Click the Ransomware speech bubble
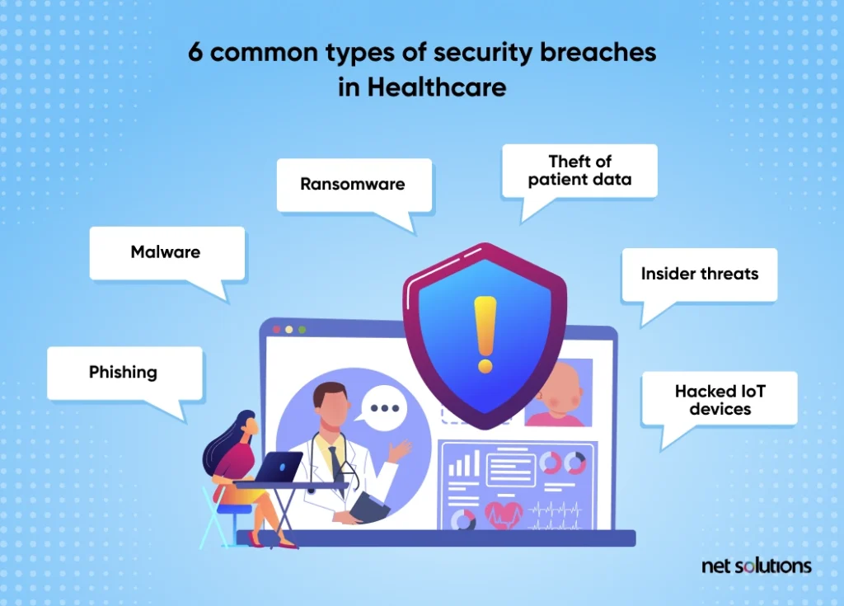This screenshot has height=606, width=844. (x=354, y=185)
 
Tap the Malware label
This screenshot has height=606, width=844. (x=165, y=252)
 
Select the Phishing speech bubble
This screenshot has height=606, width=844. (x=124, y=373)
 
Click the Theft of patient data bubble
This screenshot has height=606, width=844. (x=579, y=171)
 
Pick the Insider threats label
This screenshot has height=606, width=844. (x=699, y=274)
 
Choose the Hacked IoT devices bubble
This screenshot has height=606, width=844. (x=719, y=399)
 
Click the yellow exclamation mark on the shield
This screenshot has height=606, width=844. (x=485, y=335)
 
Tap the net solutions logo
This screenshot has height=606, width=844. (x=757, y=566)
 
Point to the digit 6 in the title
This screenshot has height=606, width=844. (x=195, y=53)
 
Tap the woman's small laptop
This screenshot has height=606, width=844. (x=279, y=467)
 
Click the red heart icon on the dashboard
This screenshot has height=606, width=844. (x=504, y=514)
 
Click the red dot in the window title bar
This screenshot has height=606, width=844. (x=277, y=329)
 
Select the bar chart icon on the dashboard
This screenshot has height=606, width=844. (x=463, y=464)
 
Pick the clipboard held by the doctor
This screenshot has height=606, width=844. (x=368, y=506)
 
